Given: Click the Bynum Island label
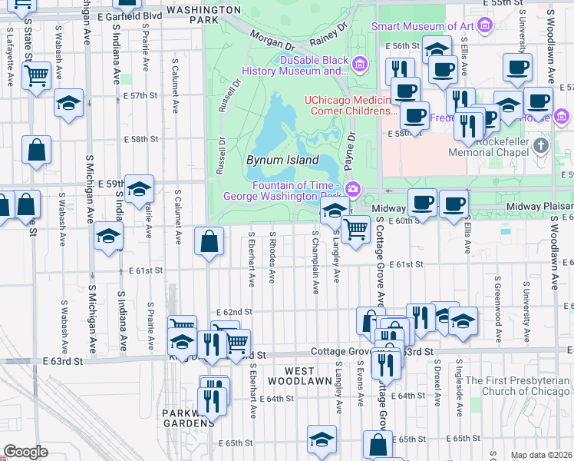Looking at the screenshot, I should click(282, 161).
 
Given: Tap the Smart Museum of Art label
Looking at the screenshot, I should click(422, 26).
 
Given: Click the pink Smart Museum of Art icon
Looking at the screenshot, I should click(484, 26).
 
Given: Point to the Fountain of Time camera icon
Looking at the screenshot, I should click(352, 188).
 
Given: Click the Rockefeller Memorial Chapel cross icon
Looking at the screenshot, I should click(542, 145).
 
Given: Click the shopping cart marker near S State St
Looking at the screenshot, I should click(36, 76).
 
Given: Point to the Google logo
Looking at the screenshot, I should click(25, 452).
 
